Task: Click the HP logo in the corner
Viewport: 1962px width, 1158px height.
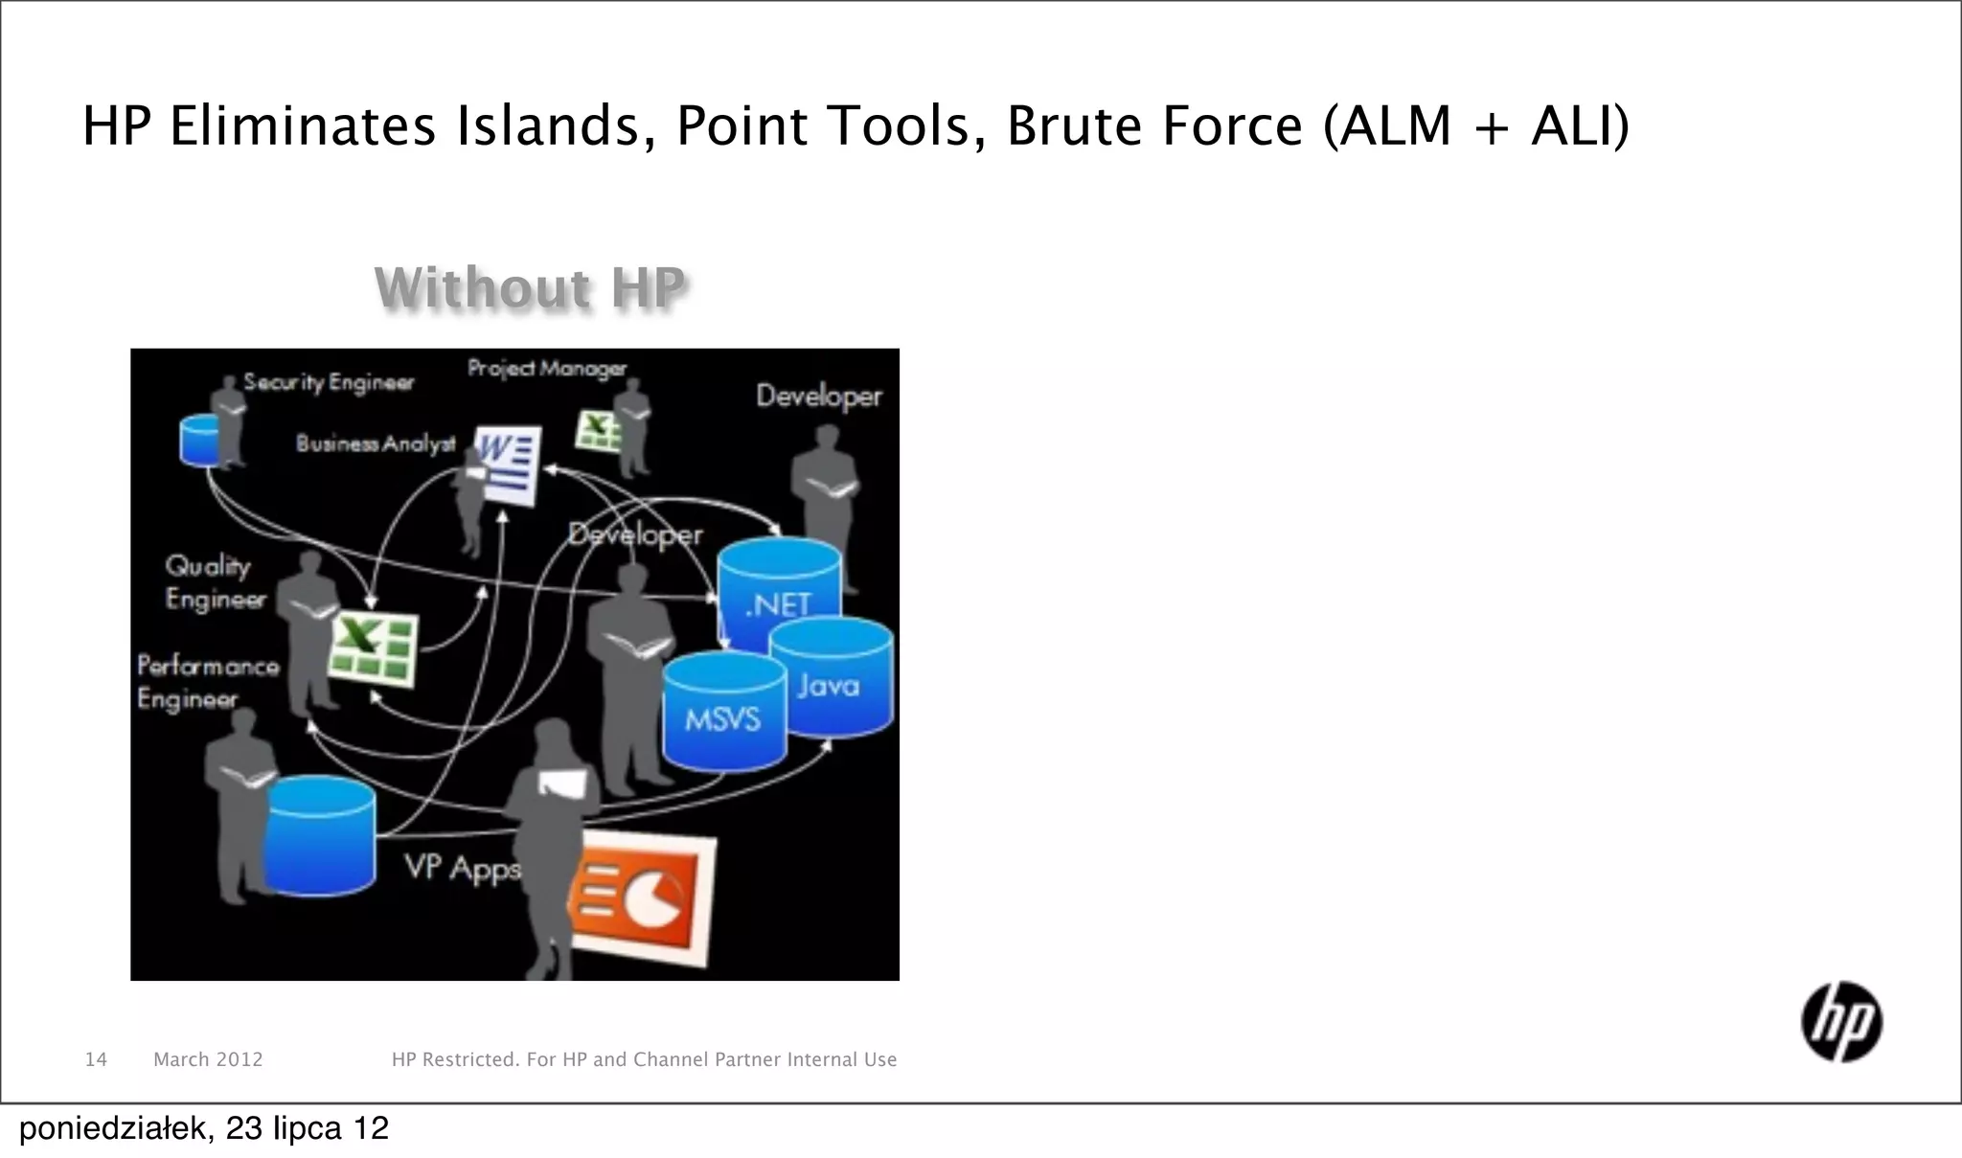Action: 1841,1022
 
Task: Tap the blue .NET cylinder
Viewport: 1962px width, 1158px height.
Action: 779,584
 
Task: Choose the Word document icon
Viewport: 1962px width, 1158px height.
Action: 509,465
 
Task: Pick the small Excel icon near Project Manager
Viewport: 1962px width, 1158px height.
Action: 599,430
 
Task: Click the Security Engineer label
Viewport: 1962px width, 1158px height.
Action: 328,382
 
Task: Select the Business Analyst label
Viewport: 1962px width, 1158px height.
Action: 375,443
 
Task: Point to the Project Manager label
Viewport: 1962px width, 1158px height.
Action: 546,368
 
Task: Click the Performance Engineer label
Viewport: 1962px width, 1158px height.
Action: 207,682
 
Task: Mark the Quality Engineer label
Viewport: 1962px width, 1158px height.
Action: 214,582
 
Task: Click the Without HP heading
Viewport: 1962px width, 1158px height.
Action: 531,287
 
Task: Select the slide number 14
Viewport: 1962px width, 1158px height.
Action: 96,1059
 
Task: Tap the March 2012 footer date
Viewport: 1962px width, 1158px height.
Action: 208,1059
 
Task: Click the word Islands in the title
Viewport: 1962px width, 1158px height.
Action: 547,125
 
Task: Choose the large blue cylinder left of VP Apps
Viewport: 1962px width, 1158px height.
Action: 320,836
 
